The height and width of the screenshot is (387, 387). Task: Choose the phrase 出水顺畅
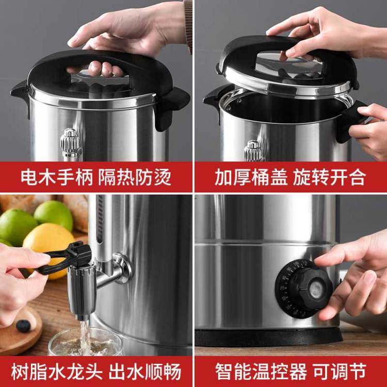click(x=150, y=370)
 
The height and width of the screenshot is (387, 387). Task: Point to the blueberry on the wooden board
click(x=23, y=326)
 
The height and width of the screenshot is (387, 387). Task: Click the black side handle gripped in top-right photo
click(x=351, y=121)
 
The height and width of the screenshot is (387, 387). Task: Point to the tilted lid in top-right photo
click(x=286, y=67)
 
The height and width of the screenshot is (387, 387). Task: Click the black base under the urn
click(x=268, y=337)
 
